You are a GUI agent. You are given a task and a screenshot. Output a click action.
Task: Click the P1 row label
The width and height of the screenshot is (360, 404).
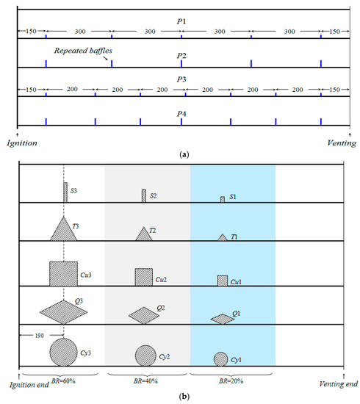tap(181, 21)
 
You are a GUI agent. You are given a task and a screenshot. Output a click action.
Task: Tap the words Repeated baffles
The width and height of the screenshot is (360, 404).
tap(83, 51)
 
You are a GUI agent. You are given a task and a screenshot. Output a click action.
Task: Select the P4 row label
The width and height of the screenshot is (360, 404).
tap(181, 114)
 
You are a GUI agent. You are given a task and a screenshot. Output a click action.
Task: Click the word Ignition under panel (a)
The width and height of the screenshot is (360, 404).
tap(22, 143)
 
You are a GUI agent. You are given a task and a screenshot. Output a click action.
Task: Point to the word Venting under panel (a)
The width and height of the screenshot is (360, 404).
tap(342, 143)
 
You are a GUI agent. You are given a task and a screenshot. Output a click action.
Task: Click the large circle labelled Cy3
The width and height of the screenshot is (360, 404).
tap(63, 352)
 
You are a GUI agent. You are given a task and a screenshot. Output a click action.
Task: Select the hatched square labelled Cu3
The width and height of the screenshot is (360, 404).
tap(63, 274)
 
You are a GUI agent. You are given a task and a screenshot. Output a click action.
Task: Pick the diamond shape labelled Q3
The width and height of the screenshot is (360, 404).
tap(63, 312)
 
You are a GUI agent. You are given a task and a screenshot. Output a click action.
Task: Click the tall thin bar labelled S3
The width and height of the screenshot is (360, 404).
tap(65, 192)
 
